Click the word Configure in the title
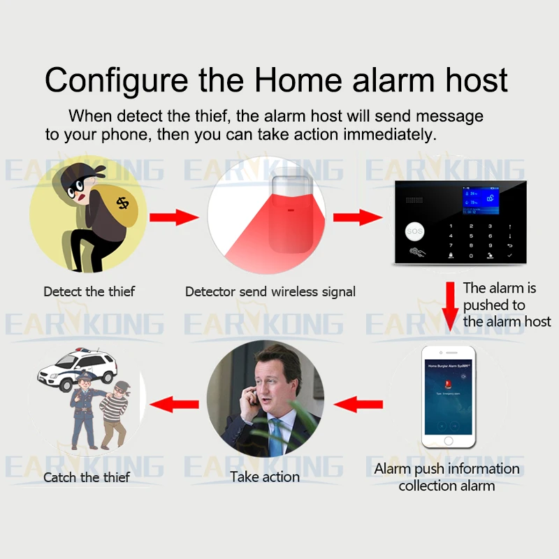[x=116, y=80]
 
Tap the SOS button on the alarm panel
[x=415, y=231]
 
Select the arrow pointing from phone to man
[x=359, y=403]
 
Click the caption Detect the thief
[x=89, y=291]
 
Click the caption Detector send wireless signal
[x=270, y=291]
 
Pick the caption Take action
[x=265, y=477]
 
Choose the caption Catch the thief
[x=87, y=478]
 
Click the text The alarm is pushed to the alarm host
[x=506, y=305]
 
